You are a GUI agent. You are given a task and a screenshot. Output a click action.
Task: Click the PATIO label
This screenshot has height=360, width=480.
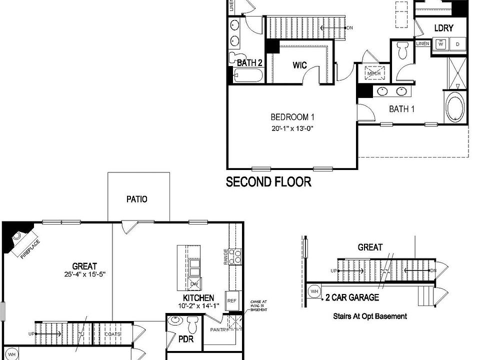[136, 199]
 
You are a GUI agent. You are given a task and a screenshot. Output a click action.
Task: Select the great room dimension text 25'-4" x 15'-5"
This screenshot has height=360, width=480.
[84, 274]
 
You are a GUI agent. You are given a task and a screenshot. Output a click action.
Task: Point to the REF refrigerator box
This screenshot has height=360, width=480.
[231, 300]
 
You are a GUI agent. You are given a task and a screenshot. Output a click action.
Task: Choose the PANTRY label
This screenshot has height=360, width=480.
[219, 329]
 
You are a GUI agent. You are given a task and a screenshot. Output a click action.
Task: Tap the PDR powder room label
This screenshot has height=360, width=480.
[184, 339]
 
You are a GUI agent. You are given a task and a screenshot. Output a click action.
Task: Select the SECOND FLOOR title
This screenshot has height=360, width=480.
[268, 181]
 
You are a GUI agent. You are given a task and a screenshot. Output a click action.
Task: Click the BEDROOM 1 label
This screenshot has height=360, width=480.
[292, 117]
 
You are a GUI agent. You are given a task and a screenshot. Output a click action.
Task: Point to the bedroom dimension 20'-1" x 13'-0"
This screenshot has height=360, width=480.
[292, 128]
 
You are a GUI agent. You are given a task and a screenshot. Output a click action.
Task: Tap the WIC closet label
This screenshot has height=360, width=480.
[299, 65]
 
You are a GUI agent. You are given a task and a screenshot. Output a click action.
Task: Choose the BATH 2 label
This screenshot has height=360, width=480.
[249, 63]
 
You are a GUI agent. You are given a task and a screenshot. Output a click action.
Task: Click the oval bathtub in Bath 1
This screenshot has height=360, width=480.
[455, 106]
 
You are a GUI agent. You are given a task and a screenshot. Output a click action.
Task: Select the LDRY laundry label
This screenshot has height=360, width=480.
[443, 28]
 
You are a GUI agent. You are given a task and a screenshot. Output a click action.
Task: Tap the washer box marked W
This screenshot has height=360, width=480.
[441, 44]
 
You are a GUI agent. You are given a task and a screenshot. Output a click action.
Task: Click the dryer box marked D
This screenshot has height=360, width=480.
[457, 44]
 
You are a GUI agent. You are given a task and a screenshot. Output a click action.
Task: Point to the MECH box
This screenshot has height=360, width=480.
[374, 73]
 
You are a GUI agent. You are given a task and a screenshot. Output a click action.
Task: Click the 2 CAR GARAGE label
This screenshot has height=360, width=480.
[351, 297]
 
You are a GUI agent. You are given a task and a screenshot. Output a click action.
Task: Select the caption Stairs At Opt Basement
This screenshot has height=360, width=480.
[369, 316]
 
